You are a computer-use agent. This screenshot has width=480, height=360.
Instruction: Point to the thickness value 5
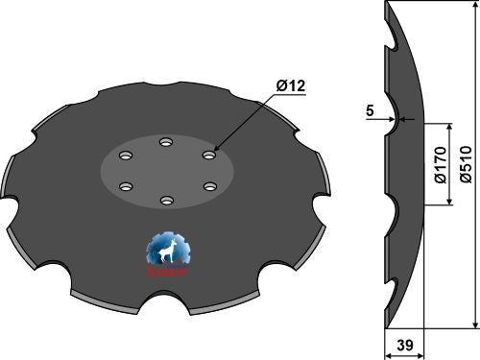pos(370,109)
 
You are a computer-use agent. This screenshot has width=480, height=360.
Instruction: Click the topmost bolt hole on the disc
pos(165,141)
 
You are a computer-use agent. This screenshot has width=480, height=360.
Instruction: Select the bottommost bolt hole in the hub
pos(166,201)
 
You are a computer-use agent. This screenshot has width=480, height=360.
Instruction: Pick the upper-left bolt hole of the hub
pos(123,154)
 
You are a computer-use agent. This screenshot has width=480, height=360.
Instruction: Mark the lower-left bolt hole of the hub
pos(123,186)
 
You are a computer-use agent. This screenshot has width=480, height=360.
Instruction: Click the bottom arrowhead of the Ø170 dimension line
pos(449,204)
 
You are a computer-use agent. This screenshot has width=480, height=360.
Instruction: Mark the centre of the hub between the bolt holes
pos(166,170)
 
